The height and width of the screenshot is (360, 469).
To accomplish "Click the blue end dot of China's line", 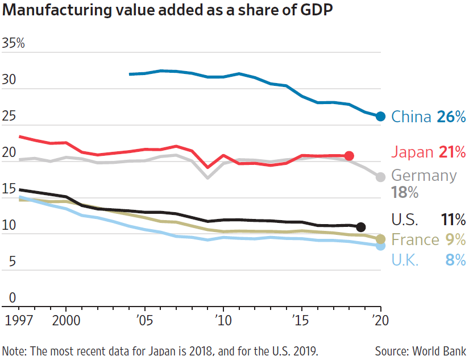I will (x=381, y=116).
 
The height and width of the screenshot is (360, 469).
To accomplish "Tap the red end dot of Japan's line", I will (x=349, y=156).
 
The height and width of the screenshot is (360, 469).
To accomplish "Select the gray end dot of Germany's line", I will (x=381, y=177).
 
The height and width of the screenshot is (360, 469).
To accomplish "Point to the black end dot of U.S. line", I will (x=360, y=227).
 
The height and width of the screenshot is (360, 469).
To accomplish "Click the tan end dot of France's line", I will (x=381, y=239).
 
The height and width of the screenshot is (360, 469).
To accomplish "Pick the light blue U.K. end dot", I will (x=381, y=246).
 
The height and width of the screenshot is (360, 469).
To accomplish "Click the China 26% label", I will (x=429, y=117).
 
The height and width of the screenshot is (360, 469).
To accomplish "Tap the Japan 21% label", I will (x=429, y=152).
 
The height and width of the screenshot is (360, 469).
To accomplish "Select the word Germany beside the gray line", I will (x=424, y=175).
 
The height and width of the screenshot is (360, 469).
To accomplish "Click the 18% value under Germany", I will (x=405, y=193).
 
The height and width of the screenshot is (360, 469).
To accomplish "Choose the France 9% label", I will (x=429, y=239).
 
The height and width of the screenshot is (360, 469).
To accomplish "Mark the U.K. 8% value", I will (x=455, y=260).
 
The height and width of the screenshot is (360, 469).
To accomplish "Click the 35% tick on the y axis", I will (x=14, y=43).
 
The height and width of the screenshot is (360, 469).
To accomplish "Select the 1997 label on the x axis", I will (x=15, y=320).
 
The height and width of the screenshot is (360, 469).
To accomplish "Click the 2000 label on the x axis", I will (x=66, y=320).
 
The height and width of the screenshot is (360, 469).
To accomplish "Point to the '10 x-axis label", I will (x=223, y=320).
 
